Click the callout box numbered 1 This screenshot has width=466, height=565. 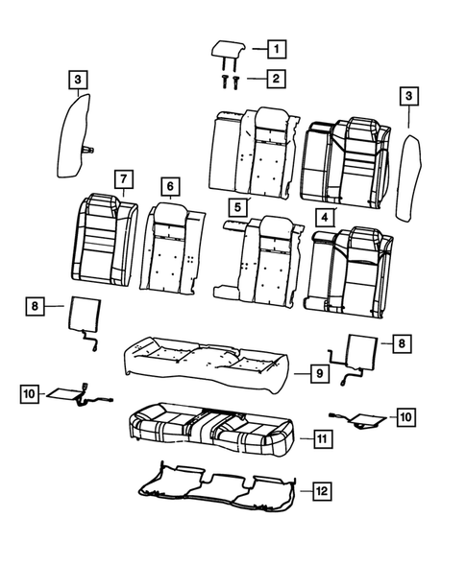pos(275,48)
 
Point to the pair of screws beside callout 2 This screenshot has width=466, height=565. pos(225,81)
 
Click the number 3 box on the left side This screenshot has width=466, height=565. pos(78,81)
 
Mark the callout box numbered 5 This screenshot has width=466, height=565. pos(235,206)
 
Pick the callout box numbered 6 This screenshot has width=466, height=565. pos(168,185)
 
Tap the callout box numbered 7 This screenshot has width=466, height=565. pos(121,178)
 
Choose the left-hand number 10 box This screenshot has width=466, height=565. pos(28,392)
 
